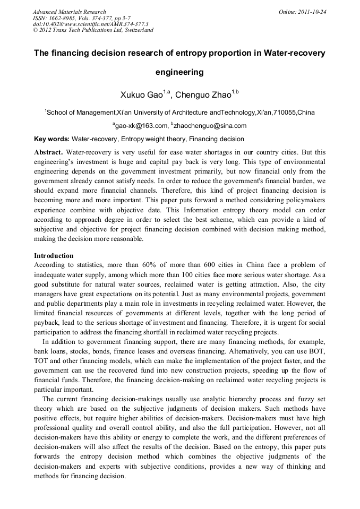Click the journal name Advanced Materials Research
coord(69,12)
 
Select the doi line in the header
coord(90,24)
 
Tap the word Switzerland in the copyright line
coord(138,30)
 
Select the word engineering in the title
coord(179,71)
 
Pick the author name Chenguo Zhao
coord(203,95)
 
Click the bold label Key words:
coord(52,139)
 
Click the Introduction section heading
coord(54,256)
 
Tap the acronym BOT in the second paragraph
coord(317,352)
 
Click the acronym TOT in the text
coord(42,361)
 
